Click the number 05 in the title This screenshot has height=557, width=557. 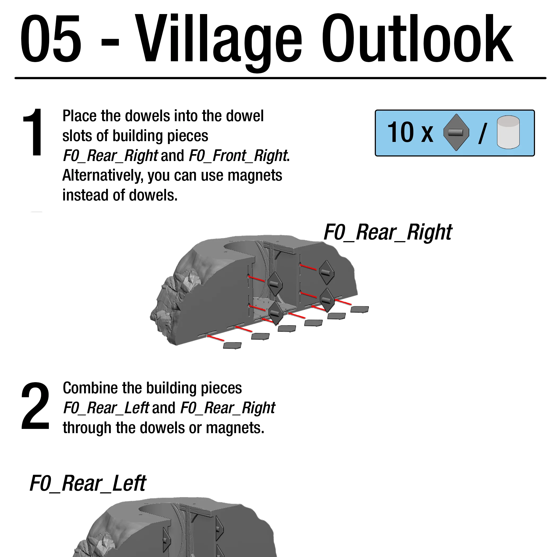tap(51, 39)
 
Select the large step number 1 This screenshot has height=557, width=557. tap(34, 133)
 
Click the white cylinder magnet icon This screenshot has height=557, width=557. tap(508, 132)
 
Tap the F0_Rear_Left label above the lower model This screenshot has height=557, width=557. tap(88, 484)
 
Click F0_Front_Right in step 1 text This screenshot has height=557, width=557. tap(238, 156)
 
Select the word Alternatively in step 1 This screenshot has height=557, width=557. tap(103, 176)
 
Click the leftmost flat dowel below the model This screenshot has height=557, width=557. tap(232, 345)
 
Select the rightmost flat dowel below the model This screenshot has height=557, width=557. tap(359, 309)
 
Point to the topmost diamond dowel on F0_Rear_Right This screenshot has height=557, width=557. tap(326, 272)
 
